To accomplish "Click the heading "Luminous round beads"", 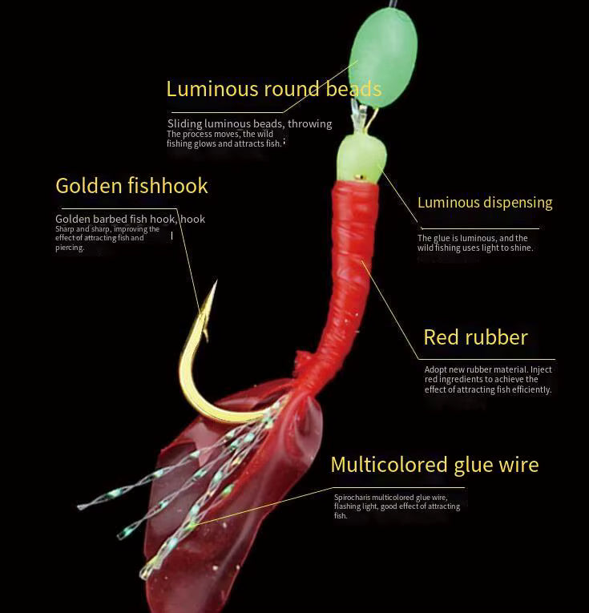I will click(273, 89).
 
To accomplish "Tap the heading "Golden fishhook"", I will click(131, 186).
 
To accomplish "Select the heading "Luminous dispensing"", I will click(485, 203).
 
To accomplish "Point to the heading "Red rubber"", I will click(475, 337).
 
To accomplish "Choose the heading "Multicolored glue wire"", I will click(434, 465).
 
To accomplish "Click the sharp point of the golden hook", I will click(215, 284).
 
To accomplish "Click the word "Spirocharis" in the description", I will click(352, 498).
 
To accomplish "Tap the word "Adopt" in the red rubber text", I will click(436, 370).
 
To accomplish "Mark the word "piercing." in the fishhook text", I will click(70, 248).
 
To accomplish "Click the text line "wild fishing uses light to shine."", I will click(475, 248).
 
